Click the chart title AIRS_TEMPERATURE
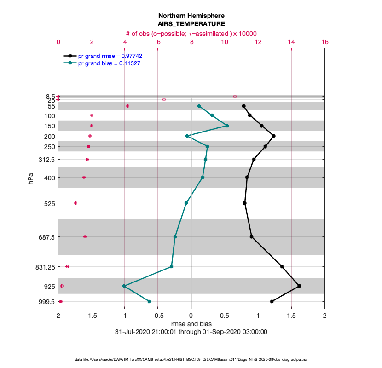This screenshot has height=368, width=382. pyautogui.click(x=191, y=24)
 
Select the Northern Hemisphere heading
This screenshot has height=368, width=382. pyautogui.click(x=191, y=15)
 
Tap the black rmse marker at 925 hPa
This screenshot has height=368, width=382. pyautogui.click(x=299, y=286)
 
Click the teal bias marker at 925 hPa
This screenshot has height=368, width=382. pyautogui.click(x=124, y=286)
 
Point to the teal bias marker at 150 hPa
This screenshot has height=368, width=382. pyautogui.click(x=227, y=126)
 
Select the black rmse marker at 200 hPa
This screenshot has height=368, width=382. pyautogui.click(x=273, y=136)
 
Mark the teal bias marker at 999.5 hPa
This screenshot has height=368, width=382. pyautogui.click(x=149, y=301)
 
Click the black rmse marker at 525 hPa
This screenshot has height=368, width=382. pyautogui.click(x=244, y=203)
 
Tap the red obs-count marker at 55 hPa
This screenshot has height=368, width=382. pyautogui.click(x=127, y=106)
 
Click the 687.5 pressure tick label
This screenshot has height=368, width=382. pyautogui.click(x=46, y=237)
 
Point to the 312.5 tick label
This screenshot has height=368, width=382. pyautogui.click(x=46, y=160)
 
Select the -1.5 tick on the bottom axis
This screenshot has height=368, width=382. pyautogui.click(x=91, y=316)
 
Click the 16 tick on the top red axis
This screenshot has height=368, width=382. pyautogui.click(x=325, y=42)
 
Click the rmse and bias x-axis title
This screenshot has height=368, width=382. pyautogui.click(x=191, y=324)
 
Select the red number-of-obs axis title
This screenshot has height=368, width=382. pyautogui.click(x=191, y=34)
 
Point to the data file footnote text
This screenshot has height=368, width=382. pyautogui.click(x=191, y=359)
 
